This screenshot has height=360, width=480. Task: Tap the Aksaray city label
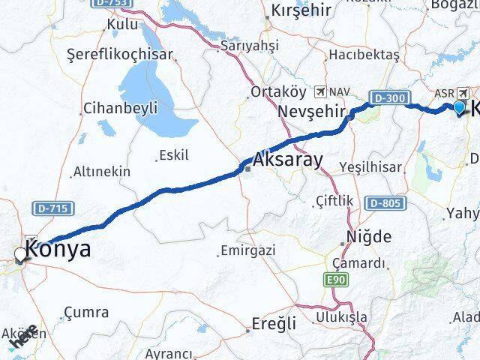(288, 160)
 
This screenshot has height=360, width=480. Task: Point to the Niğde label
(369, 237)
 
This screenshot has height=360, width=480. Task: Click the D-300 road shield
(388, 97)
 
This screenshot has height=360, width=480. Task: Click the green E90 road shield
(337, 280)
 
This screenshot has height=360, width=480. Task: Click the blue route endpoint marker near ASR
(460, 108)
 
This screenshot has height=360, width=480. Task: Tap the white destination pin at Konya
(20, 256)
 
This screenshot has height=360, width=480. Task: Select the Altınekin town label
(101, 172)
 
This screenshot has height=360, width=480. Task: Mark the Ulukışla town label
(341, 316)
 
